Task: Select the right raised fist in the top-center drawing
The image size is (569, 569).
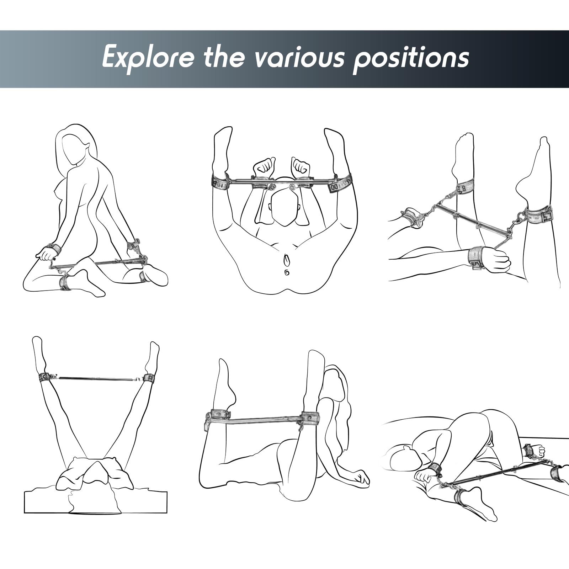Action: coord(301,166)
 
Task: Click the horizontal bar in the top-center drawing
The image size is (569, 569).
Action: coord(281,182)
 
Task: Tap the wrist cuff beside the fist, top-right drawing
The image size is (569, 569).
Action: coord(478,256)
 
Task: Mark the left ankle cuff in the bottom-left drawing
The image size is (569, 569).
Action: coord(44,377)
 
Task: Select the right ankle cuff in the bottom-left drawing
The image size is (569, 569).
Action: coord(149,377)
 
